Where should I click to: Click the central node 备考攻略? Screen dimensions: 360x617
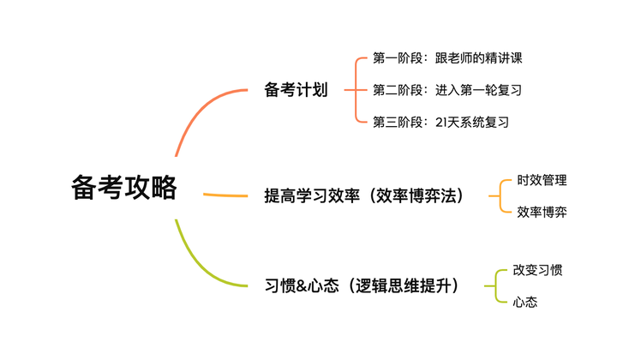click(x=123, y=187)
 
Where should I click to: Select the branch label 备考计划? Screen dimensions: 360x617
click(x=296, y=90)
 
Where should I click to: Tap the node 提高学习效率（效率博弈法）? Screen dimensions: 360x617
click(x=363, y=195)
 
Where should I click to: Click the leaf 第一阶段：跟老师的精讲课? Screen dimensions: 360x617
click(x=447, y=58)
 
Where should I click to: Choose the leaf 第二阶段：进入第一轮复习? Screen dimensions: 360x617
click(x=447, y=90)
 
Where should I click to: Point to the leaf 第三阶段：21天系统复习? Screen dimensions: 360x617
click(x=440, y=122)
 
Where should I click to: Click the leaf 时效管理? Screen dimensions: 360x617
click(x=542, y=180)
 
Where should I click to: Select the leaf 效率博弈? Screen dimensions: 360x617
click(x=542, y=212)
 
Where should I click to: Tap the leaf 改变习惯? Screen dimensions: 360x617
click(x=537, y=270)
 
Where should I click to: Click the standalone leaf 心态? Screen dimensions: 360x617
click(x=525, y=302)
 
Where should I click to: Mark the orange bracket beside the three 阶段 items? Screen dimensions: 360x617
click(x=356, y=90)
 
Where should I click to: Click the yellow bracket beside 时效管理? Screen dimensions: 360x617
click(x=500, y=195)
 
